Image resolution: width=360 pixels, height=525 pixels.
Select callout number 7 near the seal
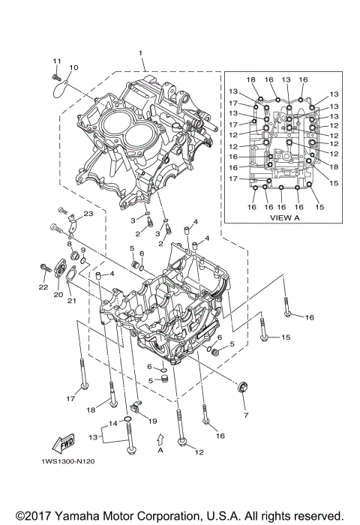pyautogui.click(x=244, y=413)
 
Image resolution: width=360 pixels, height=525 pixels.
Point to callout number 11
pyautogui.click(x=55, y=60)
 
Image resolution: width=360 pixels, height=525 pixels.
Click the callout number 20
pyautogui.click(x=57, y=295)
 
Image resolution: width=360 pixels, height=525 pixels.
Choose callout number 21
pyautogui.click(x=72, y=301)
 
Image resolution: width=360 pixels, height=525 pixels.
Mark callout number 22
pyautogui.click(x=42, y=287)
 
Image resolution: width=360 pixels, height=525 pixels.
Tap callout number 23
pyautogui.click(x=88, y=214)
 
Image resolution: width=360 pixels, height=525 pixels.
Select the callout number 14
pyautogui.click(x=112, y=424)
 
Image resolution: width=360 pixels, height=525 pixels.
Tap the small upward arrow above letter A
pyautogui.click(x=160, y=437)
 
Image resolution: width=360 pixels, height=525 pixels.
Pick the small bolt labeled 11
pyautogui.click(x=55, y=75)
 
